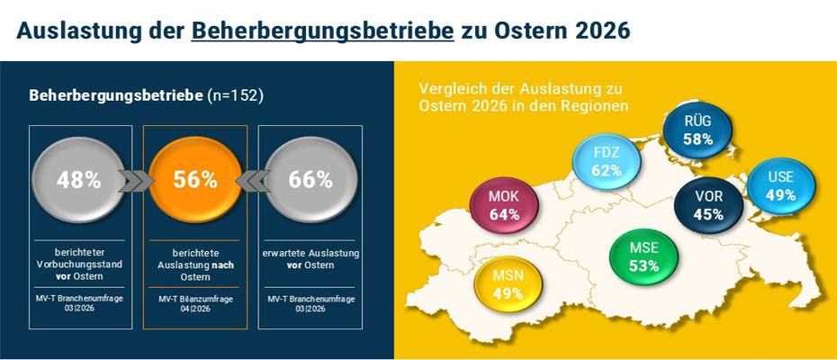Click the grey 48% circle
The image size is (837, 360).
tap(79, 180)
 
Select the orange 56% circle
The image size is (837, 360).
tap(195, 180)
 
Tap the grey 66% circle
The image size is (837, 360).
tap(310, 180)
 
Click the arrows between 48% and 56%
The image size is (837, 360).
tap(138, 181)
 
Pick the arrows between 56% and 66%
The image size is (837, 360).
tap(253, 181)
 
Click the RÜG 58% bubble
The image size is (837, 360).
tap(697, 130)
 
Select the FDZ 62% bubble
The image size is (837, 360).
tap(607, 160)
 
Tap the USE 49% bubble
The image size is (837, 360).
tap(779, 185)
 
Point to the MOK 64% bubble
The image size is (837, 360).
tap(506, 206)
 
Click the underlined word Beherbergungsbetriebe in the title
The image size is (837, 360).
tap(321, 30)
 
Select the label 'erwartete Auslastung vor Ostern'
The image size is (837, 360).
tap(310, 259)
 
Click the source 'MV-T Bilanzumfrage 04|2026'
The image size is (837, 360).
tap(195, 303)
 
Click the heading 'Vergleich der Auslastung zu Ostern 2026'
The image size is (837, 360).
tap(523, 97)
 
